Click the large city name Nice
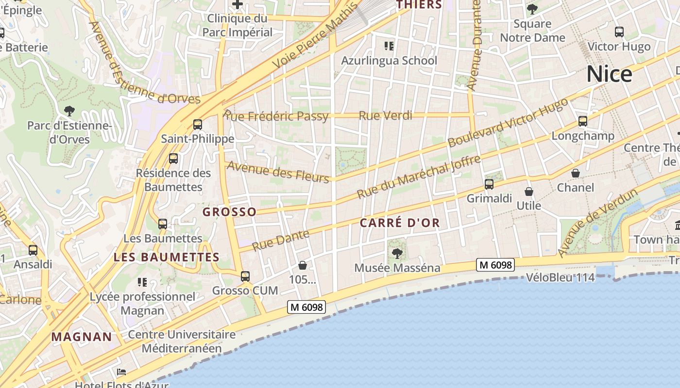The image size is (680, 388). coord(609,74)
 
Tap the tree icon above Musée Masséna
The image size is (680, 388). coord(397,253)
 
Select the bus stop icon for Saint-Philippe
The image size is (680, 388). coord(197,125)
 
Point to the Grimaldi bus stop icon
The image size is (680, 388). coord(489,184)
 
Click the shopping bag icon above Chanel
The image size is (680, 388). coord(576,173)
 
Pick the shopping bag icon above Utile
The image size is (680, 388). coord(529,192)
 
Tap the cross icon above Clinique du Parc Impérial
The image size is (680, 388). coord(238,5)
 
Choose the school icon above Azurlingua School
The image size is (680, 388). coord(389,46)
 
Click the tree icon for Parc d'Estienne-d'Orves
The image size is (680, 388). coord(69,111)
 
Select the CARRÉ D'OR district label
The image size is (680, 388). coord(400,223)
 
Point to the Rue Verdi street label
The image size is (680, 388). coord(385,115)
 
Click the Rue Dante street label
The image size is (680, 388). coord(281,240)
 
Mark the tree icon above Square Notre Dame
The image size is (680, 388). coord(532,9)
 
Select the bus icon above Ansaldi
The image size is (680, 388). coord(33,250)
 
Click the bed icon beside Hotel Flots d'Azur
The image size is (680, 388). coord(121,372)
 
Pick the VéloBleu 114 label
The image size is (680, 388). coord(561,278)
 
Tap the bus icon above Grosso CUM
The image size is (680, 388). coord(245,276)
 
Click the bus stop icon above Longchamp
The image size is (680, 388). coord(583,121)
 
